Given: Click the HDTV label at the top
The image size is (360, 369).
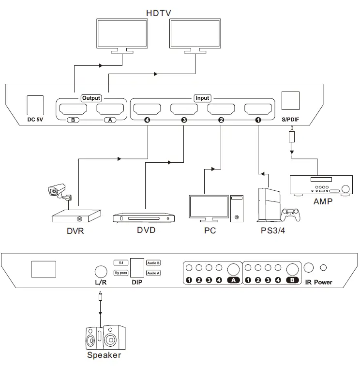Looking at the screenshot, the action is [x=159, y=13].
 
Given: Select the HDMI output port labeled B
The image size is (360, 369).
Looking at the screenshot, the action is [x=73, y=109].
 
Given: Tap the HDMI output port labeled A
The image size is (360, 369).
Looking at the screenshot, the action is [x=110, y=109].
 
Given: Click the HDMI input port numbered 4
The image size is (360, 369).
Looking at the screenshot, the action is [x=147, y=109].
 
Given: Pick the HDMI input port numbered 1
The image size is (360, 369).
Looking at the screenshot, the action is [x=258, y=109].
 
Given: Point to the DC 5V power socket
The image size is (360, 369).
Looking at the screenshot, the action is [x=35, y=105].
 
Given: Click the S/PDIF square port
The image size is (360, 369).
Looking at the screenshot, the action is [x=290, y=101].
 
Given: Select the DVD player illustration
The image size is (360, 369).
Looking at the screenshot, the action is [x=144, y=218].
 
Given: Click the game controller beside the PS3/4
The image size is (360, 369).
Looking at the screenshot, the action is [x=291, y=215].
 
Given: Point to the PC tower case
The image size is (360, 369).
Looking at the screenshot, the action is [x=237, y=209].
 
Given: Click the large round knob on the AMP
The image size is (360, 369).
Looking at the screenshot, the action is [x=345, y=189].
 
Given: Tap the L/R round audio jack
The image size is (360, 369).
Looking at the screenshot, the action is [x=101, y=272].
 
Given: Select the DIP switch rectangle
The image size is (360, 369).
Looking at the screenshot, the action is [x=137, y=268].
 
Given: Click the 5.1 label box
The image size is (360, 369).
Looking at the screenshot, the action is [x=121, y=262].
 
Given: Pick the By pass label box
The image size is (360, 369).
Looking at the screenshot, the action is [x=121, y=273].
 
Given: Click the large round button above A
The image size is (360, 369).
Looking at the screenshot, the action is [x=233, y=269].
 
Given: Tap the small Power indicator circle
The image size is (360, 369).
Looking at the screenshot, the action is [x=324, y=268].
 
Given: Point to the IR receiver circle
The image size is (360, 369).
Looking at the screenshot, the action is [x=309, y=268].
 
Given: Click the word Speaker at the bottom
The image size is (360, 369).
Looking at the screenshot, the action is [x=104, y=355].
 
